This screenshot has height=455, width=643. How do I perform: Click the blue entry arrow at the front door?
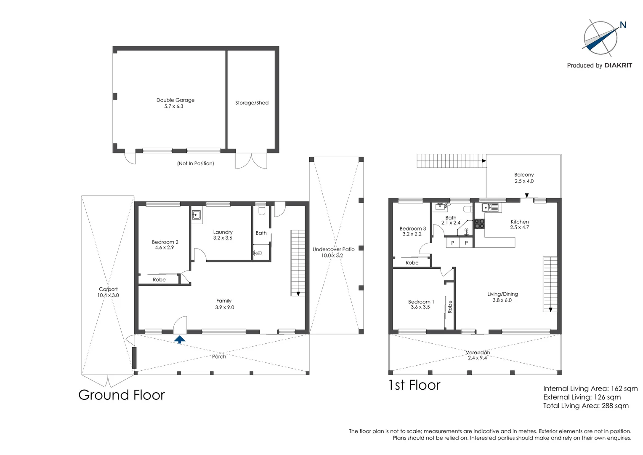click(x=180, y=339)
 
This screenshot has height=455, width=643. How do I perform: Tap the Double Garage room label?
click(x=175, y=100)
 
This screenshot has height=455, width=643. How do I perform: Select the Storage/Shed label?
click(x=252, y=103)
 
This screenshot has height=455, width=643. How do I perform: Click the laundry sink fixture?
click(x=196, y=215)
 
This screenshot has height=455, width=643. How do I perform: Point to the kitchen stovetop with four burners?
click(x=479, y=224)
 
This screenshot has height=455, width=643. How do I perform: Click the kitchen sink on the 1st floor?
click(x=490, y=207)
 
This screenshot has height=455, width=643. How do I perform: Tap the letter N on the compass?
click(x=623, y=25)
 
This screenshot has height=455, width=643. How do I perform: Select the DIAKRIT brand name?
click(x=618, y=65)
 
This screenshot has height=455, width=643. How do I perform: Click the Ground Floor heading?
click(x=121, y=395)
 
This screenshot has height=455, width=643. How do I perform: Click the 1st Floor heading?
click(x=414, y=385)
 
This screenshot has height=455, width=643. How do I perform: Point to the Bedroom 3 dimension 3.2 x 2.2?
click(x=412, y=234)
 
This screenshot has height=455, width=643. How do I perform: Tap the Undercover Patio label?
click(x=333, y=249)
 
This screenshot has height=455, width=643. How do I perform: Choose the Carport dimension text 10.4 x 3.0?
click(x=108, y=295)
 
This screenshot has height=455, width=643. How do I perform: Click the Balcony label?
click(x=524, y=175)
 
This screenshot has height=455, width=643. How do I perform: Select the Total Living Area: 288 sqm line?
click(x=586, y=406)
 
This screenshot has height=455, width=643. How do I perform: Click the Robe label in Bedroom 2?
click(x=159, y=280)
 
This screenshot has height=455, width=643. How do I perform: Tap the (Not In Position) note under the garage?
click(x=195, y=163)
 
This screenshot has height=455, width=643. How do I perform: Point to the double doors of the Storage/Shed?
click(x=251, y=161)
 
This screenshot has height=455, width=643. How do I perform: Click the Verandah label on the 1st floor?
click(x=478, y=353)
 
